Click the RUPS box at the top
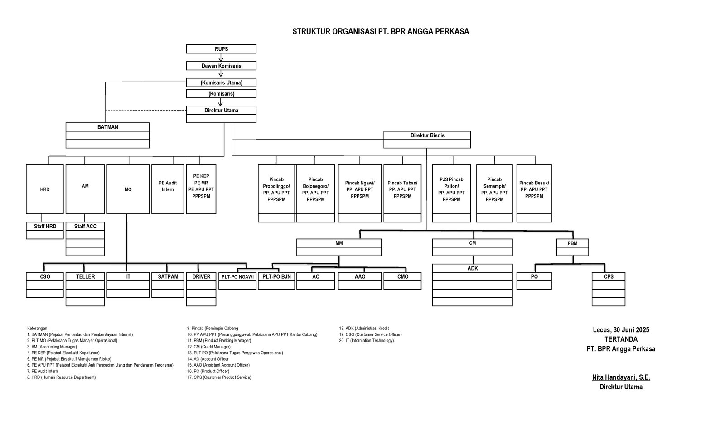click(221, 49)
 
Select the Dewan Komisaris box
click(221, 66)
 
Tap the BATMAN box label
click(107, 127)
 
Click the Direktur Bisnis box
click(427, 135)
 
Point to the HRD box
click(44, 189)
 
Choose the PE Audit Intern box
click(168, 186)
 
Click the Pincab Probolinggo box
click(276, 189)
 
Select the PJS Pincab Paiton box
click(451, 189)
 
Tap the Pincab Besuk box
click(534, 189)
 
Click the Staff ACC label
click(85, 226)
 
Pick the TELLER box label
click(85, 276)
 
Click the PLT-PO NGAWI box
click(237, 276)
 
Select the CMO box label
click(402, 276)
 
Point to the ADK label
click(472, 268)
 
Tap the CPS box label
click(608, 276)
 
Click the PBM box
click(572, 243)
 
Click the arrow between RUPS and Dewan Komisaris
click(221, 58)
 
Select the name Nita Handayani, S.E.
click(621, 377)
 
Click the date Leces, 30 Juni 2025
click(621, 330)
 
